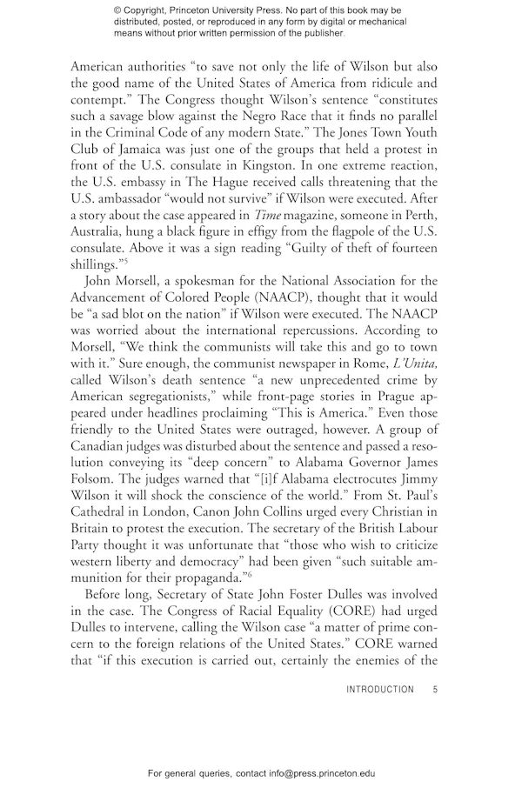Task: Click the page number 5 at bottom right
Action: [434, 690]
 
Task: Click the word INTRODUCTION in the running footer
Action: [380, 690]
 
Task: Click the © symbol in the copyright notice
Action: [118, 10]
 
